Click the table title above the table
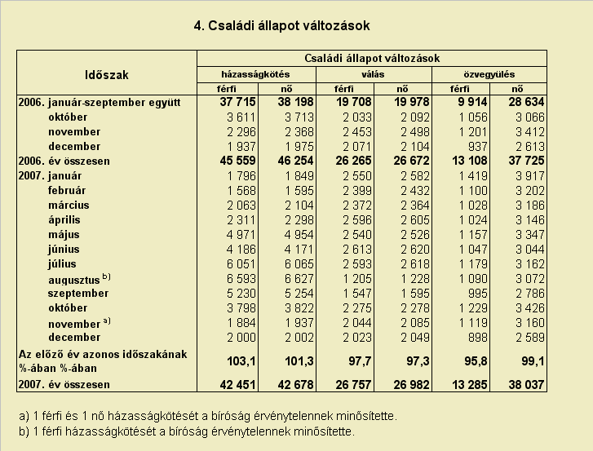point(281,26)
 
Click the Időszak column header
point(107,75)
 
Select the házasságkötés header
point(255,74)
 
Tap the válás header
point(373,74)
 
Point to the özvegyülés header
point(489,74)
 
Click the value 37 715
point(237,102)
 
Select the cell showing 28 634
point(526,102)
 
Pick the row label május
point(64,234)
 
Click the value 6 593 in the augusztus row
point(241,279)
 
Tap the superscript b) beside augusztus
point(106,276)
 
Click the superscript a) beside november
point(107,321)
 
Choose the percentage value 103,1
point(241,361)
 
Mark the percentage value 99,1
point(533,361)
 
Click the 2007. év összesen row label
point(64,384)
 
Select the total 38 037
point(526,385)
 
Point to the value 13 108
point(469,161)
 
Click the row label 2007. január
point(50,176)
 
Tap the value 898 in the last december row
point(478,337)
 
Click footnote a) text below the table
point(208,416)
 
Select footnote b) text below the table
point(187,431)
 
